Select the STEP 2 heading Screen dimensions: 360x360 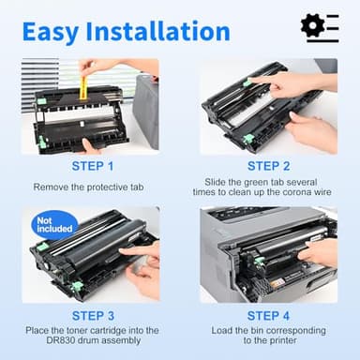coord(269,167)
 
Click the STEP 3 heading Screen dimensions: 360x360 coord(90,316)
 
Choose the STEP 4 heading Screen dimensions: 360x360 coord(269,316)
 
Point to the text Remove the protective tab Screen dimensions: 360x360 coord(90,187)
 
